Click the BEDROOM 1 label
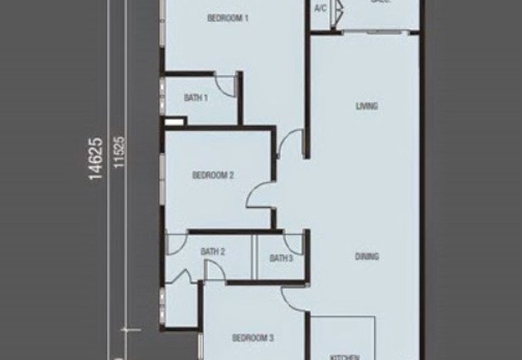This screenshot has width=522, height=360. coord(228,19)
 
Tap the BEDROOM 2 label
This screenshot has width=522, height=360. coord(213,175)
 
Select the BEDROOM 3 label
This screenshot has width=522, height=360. coord(253,338)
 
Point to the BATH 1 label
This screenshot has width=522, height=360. coord(196,98)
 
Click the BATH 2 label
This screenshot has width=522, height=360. coord(213,252)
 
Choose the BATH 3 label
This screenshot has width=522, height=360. coord(281,258)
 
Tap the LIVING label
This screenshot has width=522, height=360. coord(367,106)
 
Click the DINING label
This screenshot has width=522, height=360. coord(367,257)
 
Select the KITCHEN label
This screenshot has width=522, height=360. coord(345,357)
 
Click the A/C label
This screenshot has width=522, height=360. coord(320,8)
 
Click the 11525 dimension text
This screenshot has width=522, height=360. coord(118,153)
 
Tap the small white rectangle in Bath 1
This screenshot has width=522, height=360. coord(176,121)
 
